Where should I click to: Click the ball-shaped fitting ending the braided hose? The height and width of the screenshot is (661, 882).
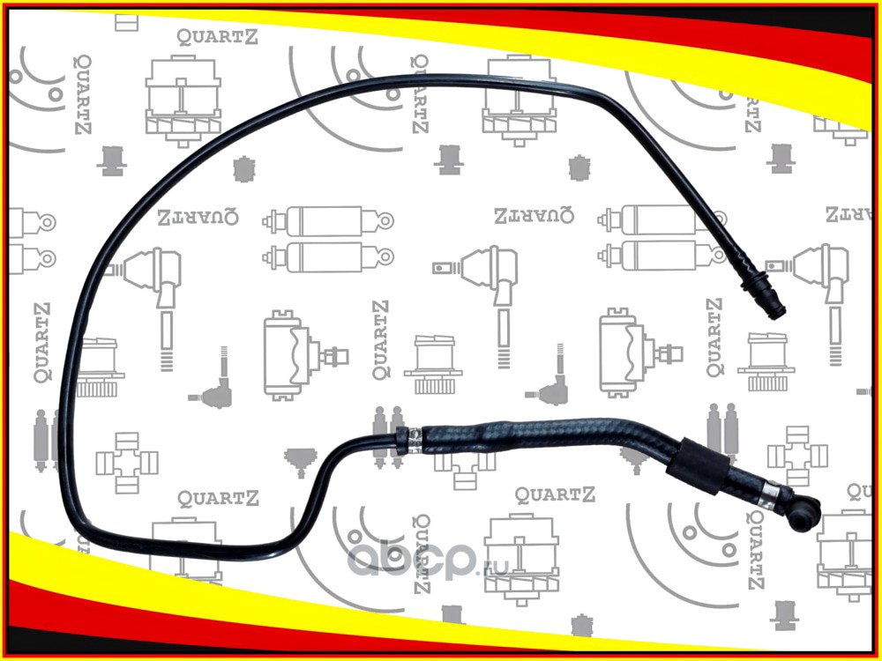point(803,513)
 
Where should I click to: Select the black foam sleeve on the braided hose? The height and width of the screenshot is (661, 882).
point(698,466)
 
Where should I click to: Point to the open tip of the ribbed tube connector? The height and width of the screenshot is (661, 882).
point(778,311)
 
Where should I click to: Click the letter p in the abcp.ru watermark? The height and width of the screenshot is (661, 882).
point(457,563)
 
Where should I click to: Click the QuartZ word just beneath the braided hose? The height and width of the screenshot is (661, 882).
point(555,494)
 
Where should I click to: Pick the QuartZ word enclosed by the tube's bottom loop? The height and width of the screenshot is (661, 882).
point(218,498)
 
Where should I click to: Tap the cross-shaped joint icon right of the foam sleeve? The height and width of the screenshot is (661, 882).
point(797,456)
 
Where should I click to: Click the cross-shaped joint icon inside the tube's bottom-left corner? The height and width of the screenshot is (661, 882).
point(126,463)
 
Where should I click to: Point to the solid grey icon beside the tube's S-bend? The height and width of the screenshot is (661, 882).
point(301,462)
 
